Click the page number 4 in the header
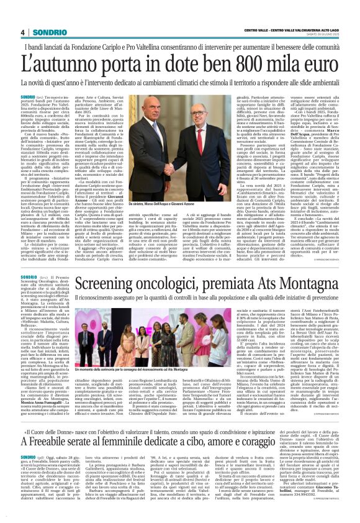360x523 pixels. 22,32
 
